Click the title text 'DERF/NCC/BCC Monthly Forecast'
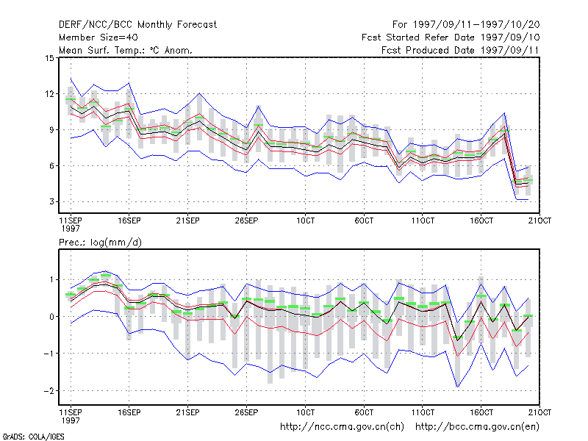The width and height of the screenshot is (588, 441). [x=137, y=25]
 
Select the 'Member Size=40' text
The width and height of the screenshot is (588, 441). [x=98, y=37]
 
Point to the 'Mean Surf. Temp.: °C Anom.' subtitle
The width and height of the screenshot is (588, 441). [x=125, y=50]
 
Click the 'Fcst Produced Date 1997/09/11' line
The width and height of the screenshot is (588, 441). [x=460, y=50]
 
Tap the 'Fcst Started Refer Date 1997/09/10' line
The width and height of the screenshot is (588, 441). [x=451, y=37]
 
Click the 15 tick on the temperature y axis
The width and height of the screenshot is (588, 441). [x=49, y=58]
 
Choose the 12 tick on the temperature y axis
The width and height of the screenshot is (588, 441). [x=49, y=94]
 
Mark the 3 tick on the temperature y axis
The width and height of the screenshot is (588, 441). [x=51, y=201]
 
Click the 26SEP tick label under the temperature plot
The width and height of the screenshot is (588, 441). [x=246, y=220]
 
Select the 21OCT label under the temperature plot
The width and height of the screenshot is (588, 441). [x=539, y=220]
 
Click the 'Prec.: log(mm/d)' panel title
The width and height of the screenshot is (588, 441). [x=100, y=243]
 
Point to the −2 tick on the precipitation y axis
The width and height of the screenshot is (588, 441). [x=49, y=391]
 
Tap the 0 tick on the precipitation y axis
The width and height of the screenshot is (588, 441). [x=51, y=317]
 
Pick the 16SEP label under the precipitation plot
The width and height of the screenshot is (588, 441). [x=129, y=412]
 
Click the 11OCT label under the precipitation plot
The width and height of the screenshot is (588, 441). [x=423, y=412]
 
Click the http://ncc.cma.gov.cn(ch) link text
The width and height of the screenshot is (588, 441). [x=342, y=427]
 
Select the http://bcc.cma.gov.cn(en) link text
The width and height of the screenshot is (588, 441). [x=477, y=427]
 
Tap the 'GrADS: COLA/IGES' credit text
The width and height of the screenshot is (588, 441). [x=33, y=437]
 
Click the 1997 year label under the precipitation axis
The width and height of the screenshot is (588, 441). [x=71, y=420]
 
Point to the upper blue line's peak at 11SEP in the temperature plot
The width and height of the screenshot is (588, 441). [x=71, y=78]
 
